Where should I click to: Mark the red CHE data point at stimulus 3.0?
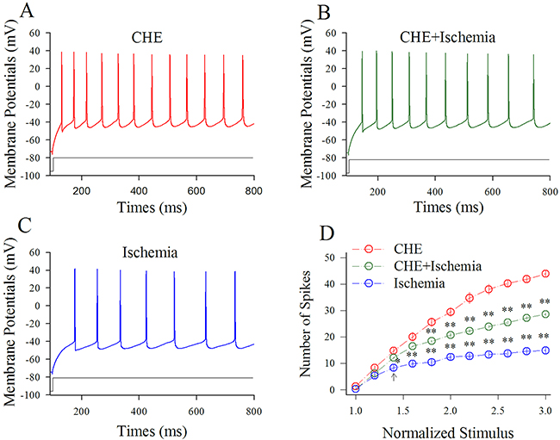[x=545, y=274]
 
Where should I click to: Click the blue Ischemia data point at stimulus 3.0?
[x=545, y=350]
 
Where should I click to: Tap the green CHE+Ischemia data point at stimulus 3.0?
[x=545, y=314]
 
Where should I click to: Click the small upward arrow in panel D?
[x=394, y=377]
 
